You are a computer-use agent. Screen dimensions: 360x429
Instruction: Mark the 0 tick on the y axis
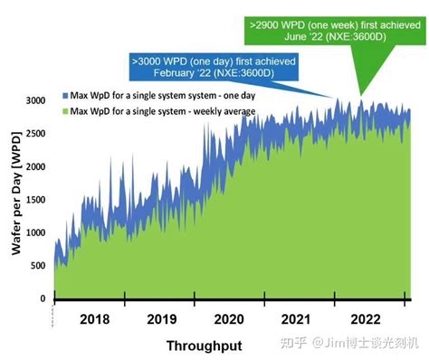(42, 298)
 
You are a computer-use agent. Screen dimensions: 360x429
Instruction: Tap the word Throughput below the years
(204, 346)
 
